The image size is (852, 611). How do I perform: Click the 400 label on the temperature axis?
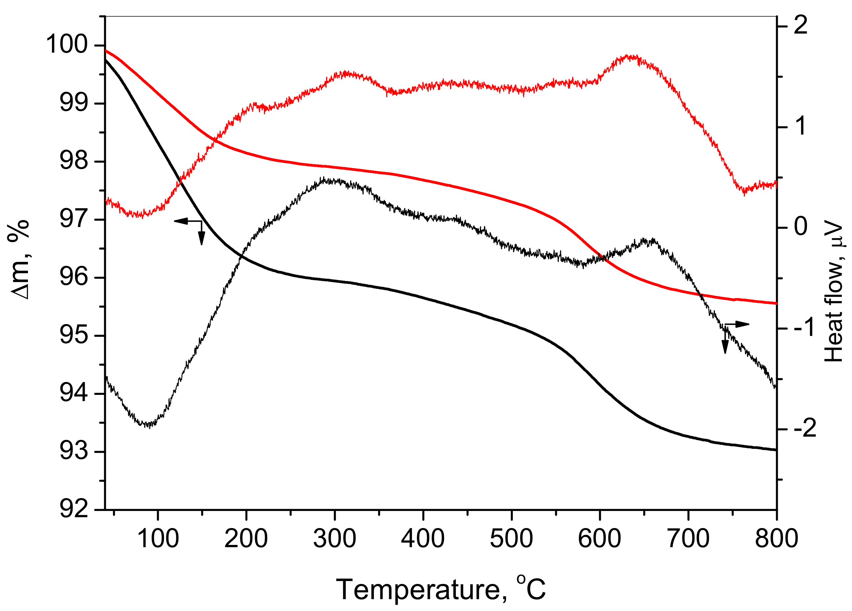click(423, 538)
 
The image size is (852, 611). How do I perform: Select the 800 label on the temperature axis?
click(776, 538)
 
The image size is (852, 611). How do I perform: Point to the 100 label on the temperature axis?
click(158, 538)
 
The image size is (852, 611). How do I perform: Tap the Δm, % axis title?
click(18, 260)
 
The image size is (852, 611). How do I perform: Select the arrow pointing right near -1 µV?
click(742, 324)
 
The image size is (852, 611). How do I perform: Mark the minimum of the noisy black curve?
click(149, 426)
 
